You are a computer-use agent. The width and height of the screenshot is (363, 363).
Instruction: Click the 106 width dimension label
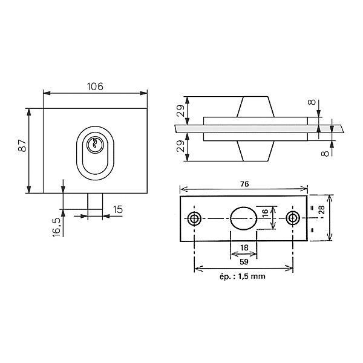point(95,87)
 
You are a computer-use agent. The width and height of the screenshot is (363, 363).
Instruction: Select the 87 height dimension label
point(22,145)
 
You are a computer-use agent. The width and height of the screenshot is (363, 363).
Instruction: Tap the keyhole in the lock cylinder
point(94,143)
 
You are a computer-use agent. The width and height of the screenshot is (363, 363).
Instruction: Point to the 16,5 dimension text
point(56,227)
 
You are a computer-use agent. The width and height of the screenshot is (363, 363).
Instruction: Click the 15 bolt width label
point(118,209)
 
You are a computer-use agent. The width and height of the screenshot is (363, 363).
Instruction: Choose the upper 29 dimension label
point(181,111)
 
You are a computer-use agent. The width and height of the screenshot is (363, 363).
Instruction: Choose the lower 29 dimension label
point(181,146)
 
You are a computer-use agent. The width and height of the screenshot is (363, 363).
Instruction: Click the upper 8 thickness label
point(312,102)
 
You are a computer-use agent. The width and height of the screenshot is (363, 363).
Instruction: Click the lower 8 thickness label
point(325,153)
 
